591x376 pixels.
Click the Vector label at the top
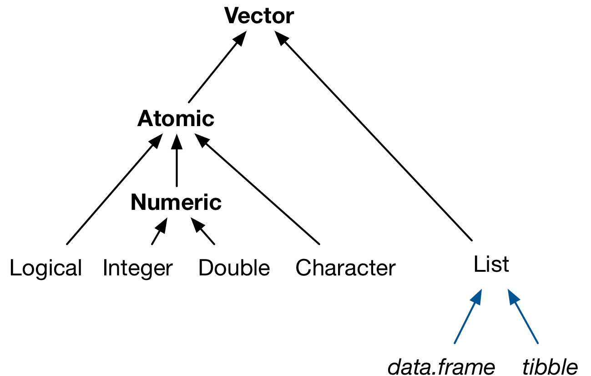(259, 16)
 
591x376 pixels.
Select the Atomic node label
(176, 119)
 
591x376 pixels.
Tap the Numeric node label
(176, 203)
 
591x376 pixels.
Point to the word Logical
(45, 268)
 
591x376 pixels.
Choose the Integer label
(137, 268)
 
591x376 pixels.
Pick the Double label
(234, 268)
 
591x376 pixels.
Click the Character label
(345, 268)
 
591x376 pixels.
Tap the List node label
(491, 264)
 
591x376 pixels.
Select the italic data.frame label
(440, 366)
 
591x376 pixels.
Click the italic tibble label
(550, 366)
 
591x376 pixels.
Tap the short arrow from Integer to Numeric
(158, 233)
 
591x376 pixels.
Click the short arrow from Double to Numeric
(203, 233)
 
